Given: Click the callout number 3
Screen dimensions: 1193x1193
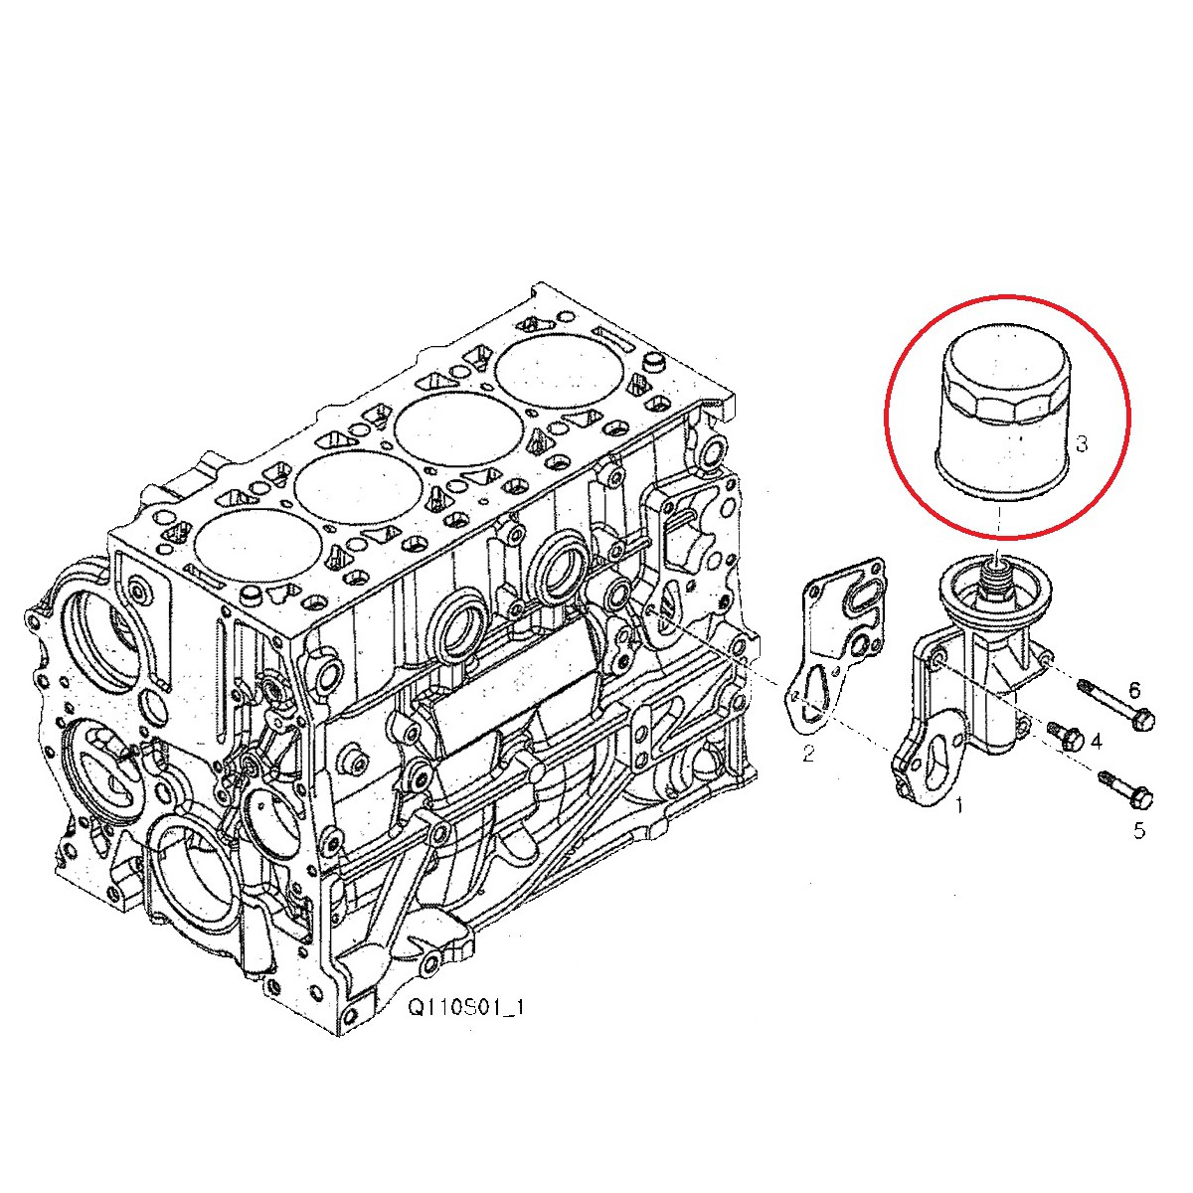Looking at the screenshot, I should coord(1082,443).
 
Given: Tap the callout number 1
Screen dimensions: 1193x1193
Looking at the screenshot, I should coord(959,805).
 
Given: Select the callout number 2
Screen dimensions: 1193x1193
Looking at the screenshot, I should coord(808,754).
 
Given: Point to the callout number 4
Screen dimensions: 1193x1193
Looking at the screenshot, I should coord(1097,741).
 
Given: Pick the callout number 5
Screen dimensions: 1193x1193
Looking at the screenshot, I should coord(1139,830).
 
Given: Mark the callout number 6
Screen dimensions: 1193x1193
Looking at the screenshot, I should coord(1133,689).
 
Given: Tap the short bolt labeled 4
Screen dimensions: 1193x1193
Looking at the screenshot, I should coord(1068,737).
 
